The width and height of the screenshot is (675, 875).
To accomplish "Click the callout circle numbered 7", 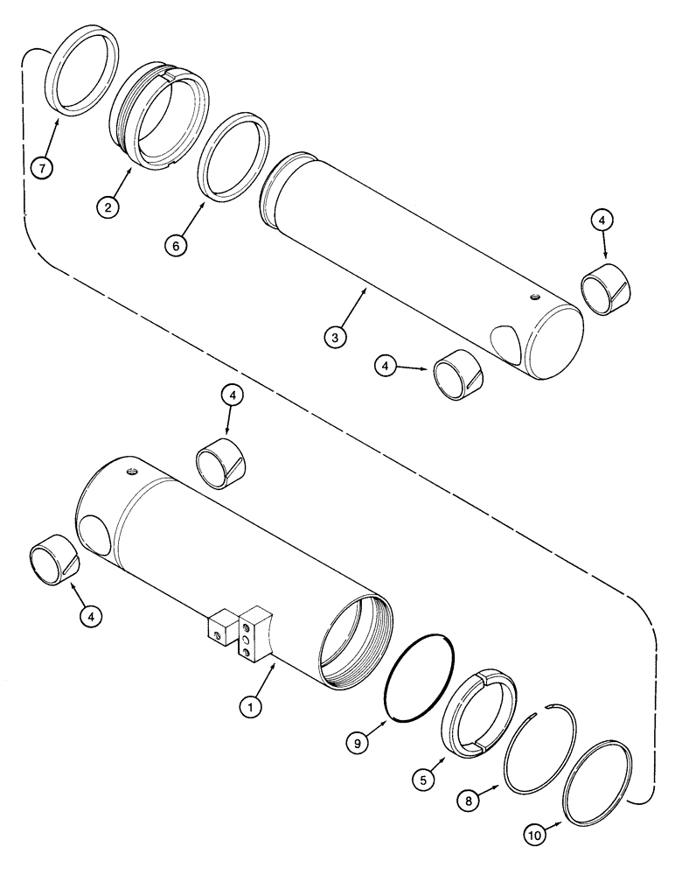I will pyautogui.click(x=41, y=165).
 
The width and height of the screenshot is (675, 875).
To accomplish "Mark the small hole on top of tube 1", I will pyautogui.click(x=131, y=472).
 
